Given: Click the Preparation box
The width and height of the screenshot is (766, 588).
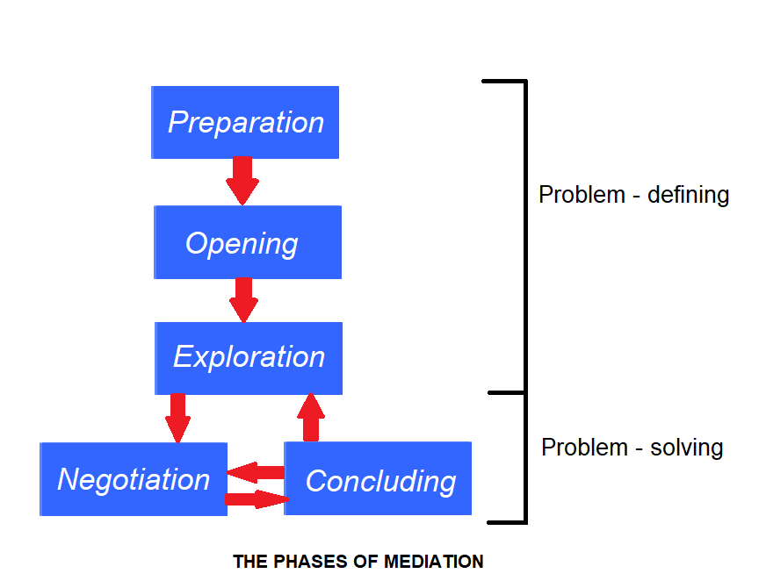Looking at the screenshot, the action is click(x=245, y=122).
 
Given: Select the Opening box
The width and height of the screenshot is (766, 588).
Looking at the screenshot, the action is click(x=248, y=242).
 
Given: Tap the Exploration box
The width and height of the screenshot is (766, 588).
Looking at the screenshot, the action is click(x=249, y=358).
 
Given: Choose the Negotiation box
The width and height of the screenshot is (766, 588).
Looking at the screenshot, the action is click(x=134, y=479).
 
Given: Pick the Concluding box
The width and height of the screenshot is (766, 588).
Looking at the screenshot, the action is click(x=378, y=478).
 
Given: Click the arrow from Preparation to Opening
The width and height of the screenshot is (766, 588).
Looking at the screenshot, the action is click(x=242, y=181).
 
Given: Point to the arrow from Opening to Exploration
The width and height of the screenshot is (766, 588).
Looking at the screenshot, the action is click(x=244, y=300).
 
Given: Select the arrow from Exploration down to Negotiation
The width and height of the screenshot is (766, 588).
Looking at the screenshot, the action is click(x=177, y=419).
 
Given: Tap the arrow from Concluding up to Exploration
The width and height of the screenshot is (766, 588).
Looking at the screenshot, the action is click(x=311, y=417).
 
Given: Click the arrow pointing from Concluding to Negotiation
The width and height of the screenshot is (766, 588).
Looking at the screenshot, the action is click(x=256, y=472).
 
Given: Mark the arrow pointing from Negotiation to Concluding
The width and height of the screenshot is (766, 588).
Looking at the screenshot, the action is click(x=257, y=499).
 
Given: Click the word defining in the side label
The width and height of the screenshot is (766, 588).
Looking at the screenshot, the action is click(x=689, y=196).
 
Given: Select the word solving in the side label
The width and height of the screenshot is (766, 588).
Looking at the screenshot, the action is click(x=686, y=448).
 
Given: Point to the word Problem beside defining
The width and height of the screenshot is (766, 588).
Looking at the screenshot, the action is click(x=582, y=195).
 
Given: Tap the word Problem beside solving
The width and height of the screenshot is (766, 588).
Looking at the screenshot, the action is click(x=585, y=448).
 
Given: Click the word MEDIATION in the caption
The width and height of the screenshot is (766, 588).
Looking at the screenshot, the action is click(x=434, y=562).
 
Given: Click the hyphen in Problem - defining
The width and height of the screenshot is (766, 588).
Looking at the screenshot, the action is click(x=637, y=197).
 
